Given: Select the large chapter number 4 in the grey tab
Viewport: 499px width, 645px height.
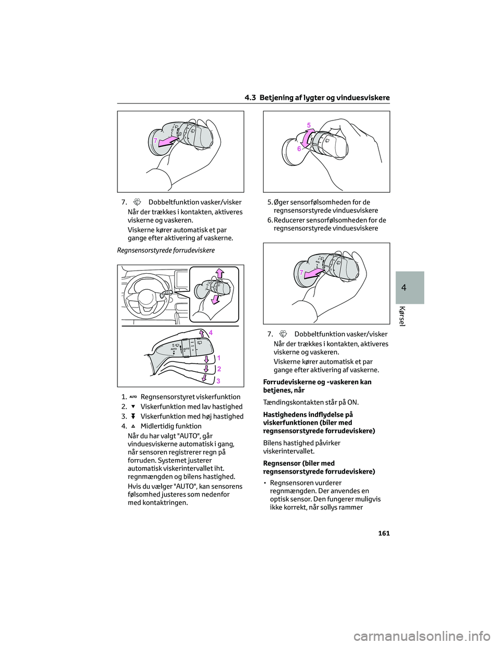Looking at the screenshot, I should [410, 288].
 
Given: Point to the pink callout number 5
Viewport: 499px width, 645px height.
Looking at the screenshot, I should [309, 125].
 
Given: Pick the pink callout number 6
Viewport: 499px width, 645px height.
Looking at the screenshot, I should [299, 149].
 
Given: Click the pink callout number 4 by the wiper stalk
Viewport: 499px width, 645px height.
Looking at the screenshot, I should [211, 332].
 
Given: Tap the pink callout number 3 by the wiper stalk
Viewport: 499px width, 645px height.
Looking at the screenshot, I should [219, 381].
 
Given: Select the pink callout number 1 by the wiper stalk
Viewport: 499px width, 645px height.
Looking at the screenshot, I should [219, 358].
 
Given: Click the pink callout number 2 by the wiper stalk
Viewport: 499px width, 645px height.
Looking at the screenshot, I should [219, 369].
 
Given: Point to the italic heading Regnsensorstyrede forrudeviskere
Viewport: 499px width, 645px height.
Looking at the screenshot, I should [166, 250].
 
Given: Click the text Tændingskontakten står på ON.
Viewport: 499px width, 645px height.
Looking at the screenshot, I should [311, 402].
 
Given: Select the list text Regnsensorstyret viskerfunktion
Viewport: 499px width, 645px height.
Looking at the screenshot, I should [190, 397].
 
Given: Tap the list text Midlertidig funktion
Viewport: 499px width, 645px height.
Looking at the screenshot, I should [171, 426].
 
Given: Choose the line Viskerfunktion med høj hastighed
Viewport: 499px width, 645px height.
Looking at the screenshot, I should [192, 416].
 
